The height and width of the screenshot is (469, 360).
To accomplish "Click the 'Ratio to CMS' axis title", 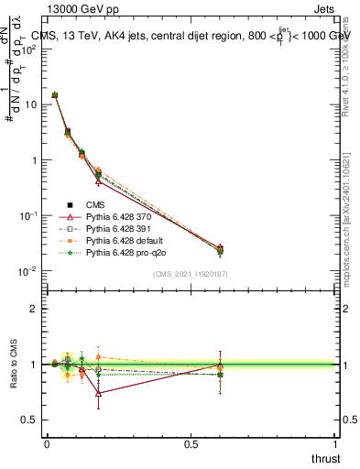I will click(x=13, y=365).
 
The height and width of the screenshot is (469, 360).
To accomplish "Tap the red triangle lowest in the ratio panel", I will click(x=98, y=394).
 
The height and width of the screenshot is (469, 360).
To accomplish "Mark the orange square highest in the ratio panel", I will click(x=98, y=357).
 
